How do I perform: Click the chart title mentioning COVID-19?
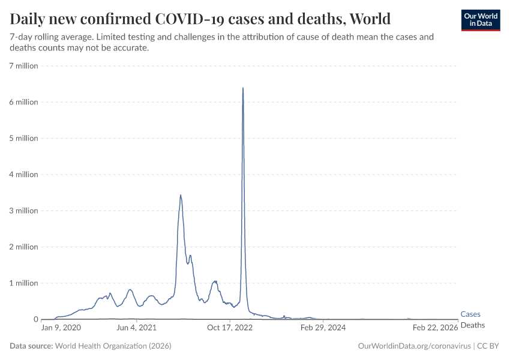click(200, 18)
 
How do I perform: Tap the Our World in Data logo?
click(480, 20)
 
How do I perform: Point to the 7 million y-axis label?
click(23, 65)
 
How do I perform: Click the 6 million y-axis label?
click(23, 102)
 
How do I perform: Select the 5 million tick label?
click(23, 138)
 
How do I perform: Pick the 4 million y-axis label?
click(23, 175)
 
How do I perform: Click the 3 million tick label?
click(23, 211)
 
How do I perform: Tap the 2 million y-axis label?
click(23, 247)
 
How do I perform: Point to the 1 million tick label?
click(23, 283)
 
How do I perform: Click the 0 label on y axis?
click(35, 319)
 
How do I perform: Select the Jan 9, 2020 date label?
click(61, 328)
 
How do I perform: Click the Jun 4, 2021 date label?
click(136, 328)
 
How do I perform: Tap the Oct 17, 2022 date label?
click(230, 328)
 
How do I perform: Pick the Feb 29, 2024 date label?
click(323, 328)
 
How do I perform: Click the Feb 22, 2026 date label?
click(435, 328)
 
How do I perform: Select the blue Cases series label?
click(470, 314)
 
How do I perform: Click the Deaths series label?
click(472, 325)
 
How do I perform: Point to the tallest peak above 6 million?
click(242, 88)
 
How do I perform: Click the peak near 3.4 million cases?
click(181, 195)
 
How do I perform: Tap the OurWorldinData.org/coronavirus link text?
click(413, 346)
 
